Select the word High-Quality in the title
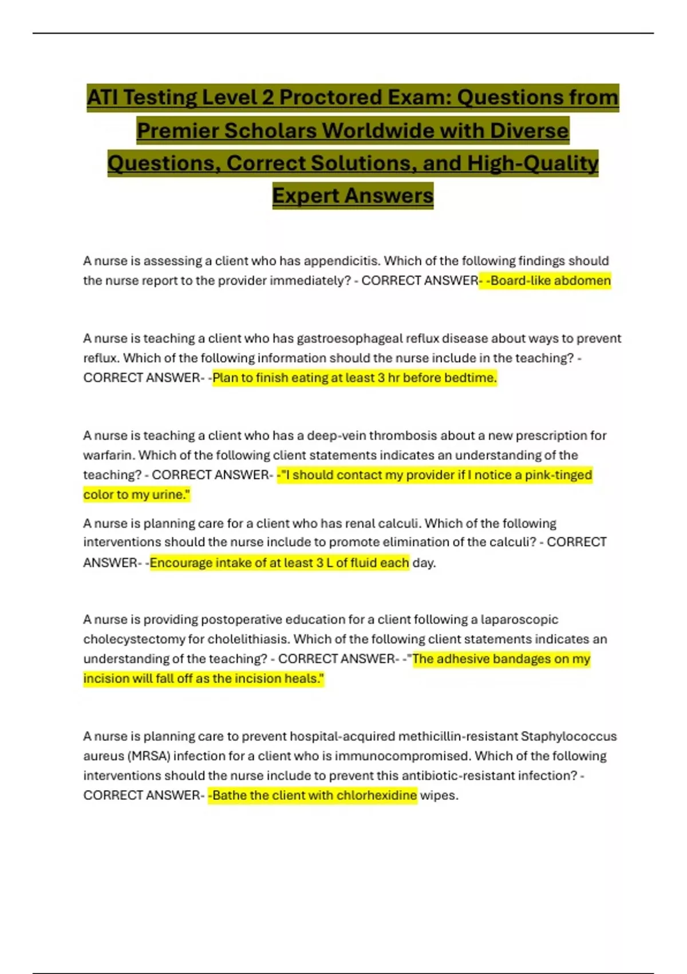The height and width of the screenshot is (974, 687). tap(532, 163)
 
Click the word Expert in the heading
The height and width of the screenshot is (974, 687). tap(306, 195)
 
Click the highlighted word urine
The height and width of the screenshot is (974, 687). tap(171, 494)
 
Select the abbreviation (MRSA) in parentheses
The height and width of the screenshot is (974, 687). tap(148, 756)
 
